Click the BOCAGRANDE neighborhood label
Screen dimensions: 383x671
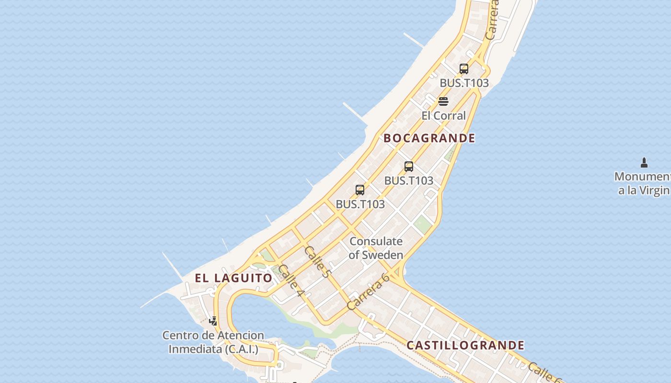(x=429, y=138)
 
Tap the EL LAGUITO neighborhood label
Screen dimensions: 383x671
(x=233, y=278)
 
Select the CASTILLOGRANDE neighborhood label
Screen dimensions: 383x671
(x=465, y=345)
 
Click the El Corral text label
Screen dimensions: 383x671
(x=443, y=115)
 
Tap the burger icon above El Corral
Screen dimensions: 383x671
(x=443, y=101)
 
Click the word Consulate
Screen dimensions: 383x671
(x=376, y=241)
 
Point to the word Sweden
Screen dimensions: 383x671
(x=382, y=255)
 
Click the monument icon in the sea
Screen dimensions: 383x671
(x=644, y=163)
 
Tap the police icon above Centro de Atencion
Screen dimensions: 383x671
(x=213, y=321)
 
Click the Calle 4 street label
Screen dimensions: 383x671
(x=291, y=280)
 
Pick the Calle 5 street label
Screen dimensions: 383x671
(x=318, y=262)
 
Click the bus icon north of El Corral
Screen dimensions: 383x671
(x=463, y=69)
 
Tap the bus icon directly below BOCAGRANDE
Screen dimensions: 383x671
(x=409, y=167)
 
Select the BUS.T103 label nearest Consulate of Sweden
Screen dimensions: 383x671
(x=360, y=204)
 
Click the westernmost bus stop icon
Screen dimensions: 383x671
(x=360, y=190)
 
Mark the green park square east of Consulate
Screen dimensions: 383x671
(x=422, y=224)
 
